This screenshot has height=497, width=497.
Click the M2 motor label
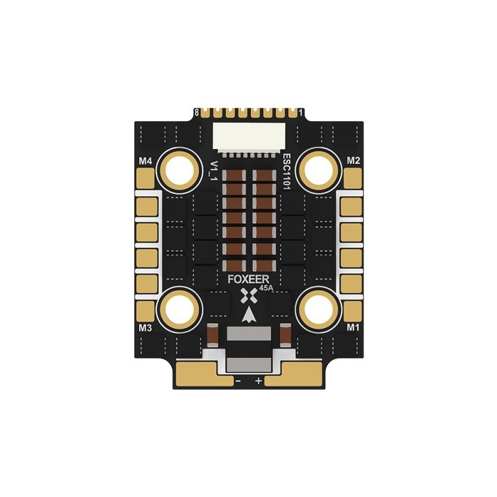point(353,161)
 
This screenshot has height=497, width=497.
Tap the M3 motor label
point(145,327)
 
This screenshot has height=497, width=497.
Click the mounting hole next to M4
point(180,168)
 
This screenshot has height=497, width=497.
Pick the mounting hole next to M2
point(317,168)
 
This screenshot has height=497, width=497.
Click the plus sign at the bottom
point(258,379)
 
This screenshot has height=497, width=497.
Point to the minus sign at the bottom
point(238,379)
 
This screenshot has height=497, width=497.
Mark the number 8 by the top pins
point(197,112)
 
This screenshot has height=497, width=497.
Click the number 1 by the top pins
point(301,112)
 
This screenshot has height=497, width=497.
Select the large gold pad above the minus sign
point(199,373)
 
